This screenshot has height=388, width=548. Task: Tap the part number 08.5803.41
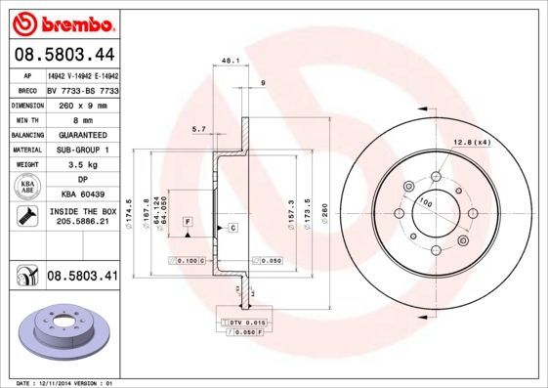pos(83,279)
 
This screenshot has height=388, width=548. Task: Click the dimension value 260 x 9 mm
pos(81,103)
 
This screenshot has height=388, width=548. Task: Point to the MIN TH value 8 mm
pos(81,118)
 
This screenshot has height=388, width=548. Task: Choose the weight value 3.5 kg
pos(81,165)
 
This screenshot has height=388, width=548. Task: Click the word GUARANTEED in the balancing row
pos(81,134)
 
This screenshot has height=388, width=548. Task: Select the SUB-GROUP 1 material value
pos(81,150)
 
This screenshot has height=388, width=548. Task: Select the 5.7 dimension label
pos(198,128)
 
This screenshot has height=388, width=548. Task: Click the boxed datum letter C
pos(233,228)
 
